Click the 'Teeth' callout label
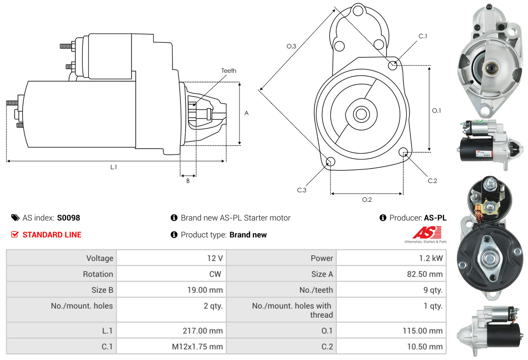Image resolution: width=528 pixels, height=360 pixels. pyautogui.click(x=229, y=71)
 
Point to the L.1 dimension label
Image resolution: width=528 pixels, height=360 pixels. pyautogui.click(x=113, y=167)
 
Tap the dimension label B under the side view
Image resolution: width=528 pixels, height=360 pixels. pyautogui.click(x=188, y=181)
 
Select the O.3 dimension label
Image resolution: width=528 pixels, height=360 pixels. pyautogui.click(x=291, y=46)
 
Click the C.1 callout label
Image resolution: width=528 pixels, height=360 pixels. pyautogui.click(x=423, y=36)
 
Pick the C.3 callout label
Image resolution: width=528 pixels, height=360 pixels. pyautogui.click(x=302, y=190)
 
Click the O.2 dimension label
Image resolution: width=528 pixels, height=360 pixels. pyautogui.click(x=367, y=200)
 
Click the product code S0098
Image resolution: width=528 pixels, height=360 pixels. pyautogui.click(x=68, y=218)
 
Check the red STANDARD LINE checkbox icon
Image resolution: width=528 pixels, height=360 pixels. pyautogui.click(x=15, y=235)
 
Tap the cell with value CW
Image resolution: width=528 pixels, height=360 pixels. pyautogui.click(x=216, y=274)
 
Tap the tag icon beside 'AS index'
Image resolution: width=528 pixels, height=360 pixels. pyautogui.click(x=15, y=218)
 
